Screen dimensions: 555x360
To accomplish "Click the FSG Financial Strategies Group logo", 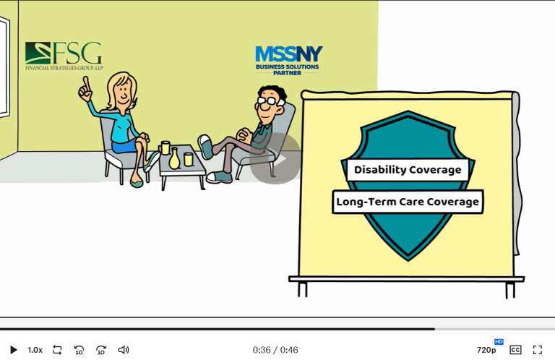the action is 64,56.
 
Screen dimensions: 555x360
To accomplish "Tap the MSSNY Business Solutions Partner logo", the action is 288,61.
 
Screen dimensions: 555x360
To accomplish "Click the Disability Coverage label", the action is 408,170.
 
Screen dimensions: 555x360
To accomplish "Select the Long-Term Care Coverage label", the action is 408,202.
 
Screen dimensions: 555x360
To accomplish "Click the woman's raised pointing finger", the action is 86,83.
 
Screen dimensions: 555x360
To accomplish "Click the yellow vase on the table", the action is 174,158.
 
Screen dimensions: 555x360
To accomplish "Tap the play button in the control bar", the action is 14,350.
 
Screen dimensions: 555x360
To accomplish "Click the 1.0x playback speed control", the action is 35,350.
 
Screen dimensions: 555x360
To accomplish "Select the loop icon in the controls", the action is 57,350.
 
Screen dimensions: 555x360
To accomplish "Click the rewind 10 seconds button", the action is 79,350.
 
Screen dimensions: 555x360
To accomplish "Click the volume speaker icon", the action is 123,350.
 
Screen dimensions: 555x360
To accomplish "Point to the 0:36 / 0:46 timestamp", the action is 275,350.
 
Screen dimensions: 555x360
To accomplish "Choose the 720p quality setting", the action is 486,350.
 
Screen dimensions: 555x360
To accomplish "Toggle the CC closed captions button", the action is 515,350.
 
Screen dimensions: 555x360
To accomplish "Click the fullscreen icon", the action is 538,350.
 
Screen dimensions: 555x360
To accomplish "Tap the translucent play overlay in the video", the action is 275,158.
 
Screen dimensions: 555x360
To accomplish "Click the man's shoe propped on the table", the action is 205,146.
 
